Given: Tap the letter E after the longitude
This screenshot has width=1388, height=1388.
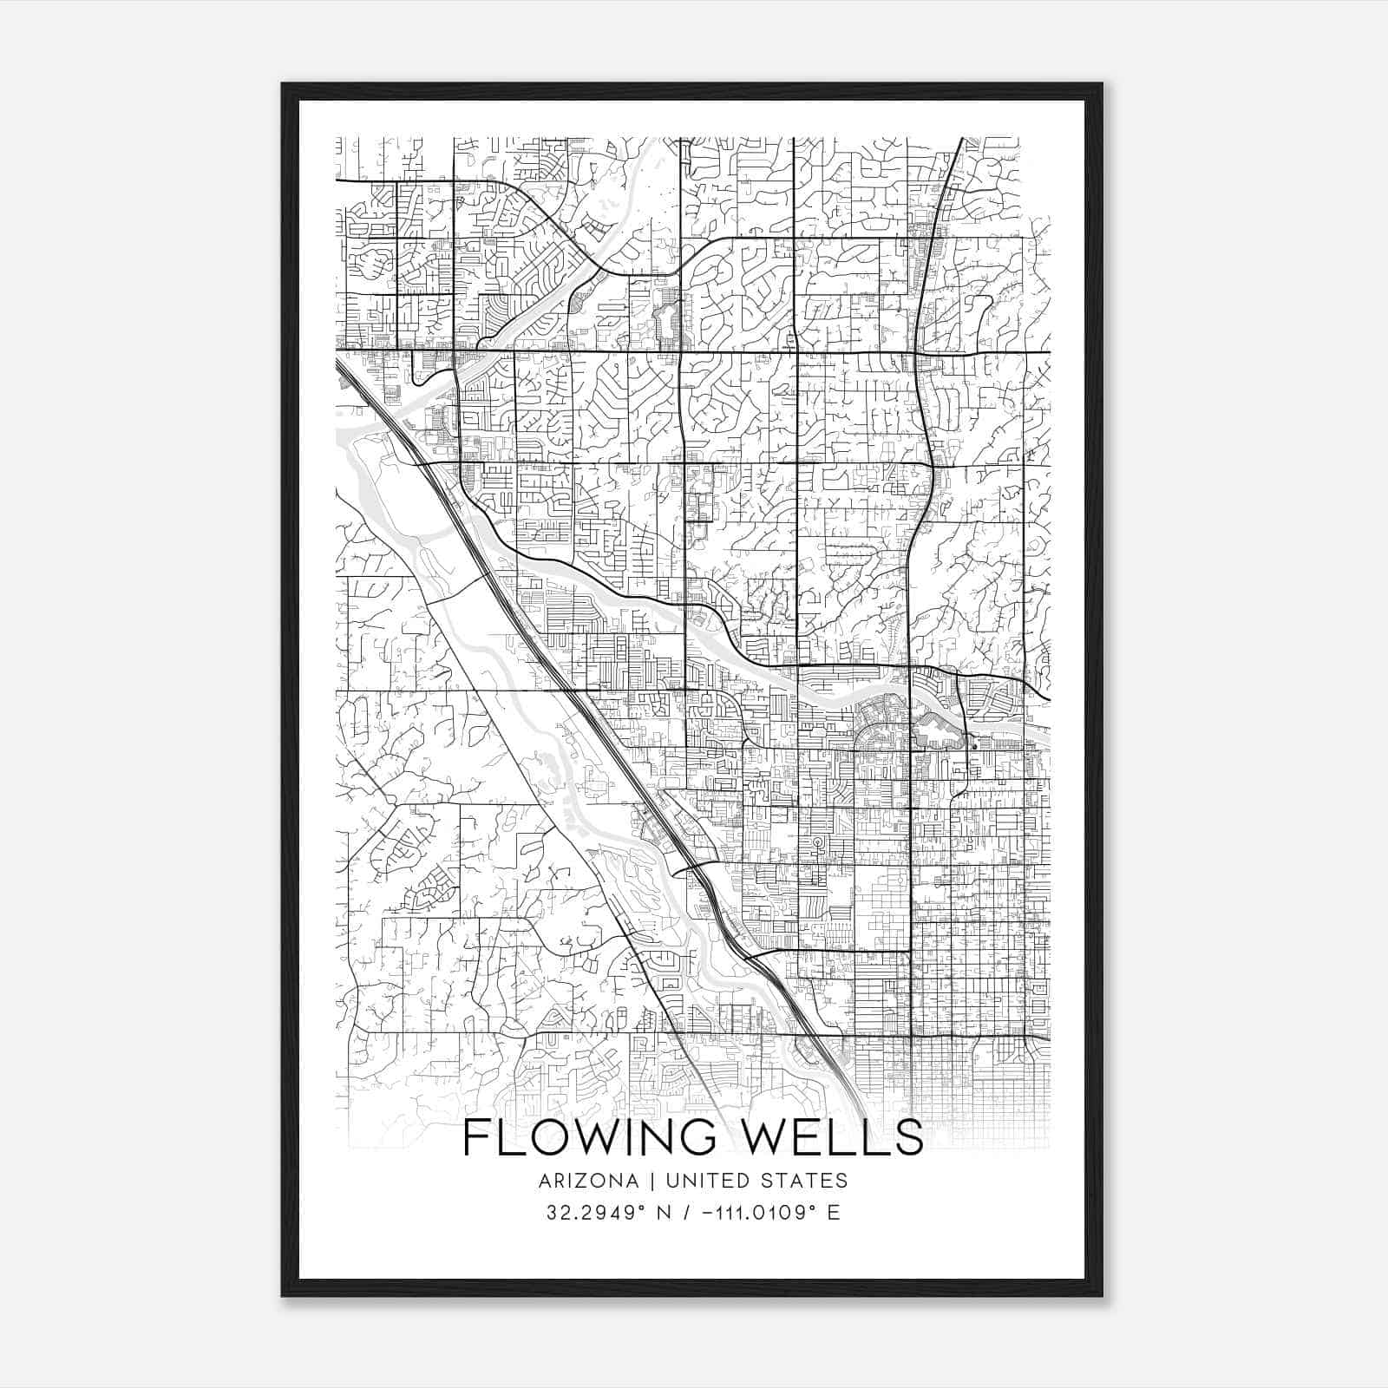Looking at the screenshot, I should (834, 1213).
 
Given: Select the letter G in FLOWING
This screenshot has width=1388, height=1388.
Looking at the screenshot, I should (704, 1139).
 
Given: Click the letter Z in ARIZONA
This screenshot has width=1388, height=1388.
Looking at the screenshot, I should (579, 1181).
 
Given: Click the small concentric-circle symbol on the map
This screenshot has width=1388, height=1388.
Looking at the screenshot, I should (816, 841).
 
